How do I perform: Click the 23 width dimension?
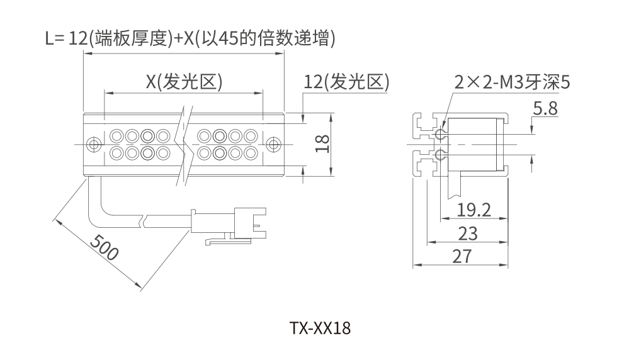coord(467,233)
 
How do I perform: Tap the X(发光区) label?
coord(185,82)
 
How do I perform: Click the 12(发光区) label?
coord(346,82)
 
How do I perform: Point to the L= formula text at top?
coord(190,39)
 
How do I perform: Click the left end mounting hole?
coord(94,144)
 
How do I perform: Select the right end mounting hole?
coord(273,144)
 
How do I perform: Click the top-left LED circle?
coord(116,135)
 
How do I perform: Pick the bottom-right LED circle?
coord(250,153)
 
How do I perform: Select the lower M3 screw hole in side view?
coord(440,154)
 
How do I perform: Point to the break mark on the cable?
coord(144,220)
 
